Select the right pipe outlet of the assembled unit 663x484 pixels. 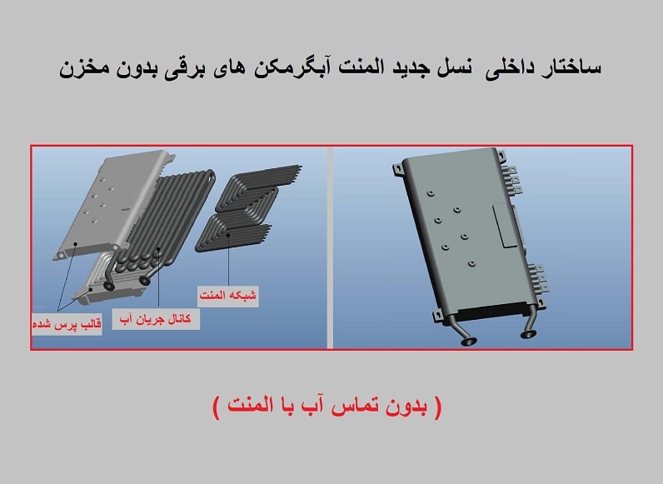[527, 334]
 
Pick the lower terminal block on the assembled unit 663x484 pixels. [539, 279]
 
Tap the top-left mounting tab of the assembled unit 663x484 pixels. [396, 168]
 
